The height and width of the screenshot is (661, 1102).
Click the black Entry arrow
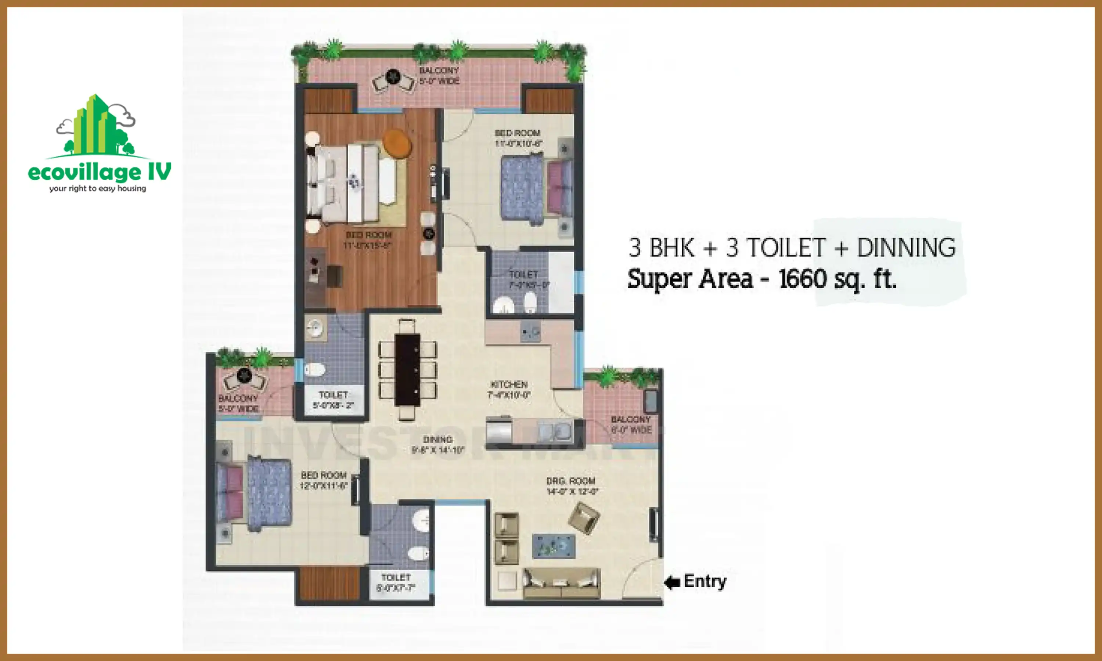pos(672,582)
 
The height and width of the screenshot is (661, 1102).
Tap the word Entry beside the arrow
pos(705,581)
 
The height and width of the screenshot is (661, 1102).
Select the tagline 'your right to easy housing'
pos(98,188)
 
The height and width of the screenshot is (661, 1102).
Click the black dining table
pos(407,370)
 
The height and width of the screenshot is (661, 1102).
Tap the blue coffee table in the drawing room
pos(554,546)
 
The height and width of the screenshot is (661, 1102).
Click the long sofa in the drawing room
pos(561,583)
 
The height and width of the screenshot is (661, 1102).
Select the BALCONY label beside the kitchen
pos(631,425)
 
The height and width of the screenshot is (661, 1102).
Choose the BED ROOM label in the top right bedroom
pos(518,138)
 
